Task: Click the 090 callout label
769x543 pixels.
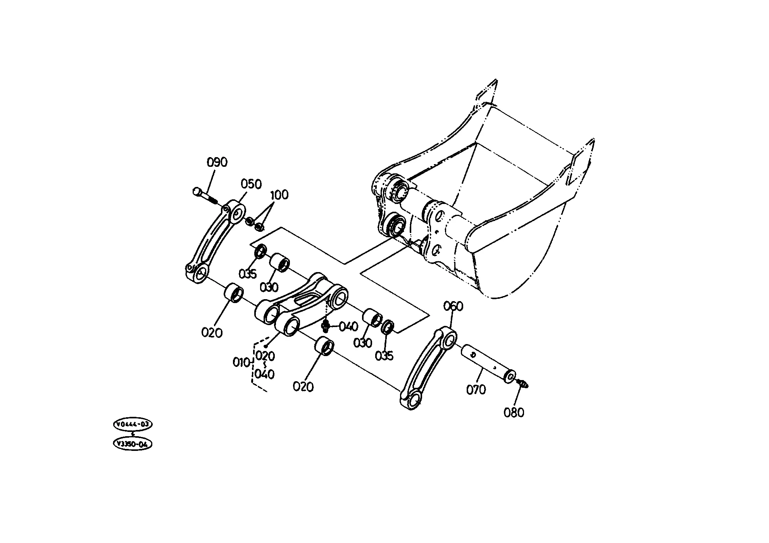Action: [x=217, y=163]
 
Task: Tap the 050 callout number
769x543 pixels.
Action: [x=251, y=184]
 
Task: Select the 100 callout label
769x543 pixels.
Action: [x=279, y=195]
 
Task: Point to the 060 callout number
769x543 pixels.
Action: [x=453, y=307]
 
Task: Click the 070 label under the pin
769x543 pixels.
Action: [x=476, y=390]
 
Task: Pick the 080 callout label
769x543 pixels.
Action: [x=514, y=413]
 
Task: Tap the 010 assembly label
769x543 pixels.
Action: [x=241, y=363]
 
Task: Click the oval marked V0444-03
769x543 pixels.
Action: [x=133, y=425]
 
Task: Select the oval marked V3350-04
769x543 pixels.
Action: [x=132, y=444]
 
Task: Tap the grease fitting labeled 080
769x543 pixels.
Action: [x=522, y=384]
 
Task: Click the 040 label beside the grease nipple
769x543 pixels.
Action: [x=348, y=327]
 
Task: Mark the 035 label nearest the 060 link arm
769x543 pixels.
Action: [x=384, y=356]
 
